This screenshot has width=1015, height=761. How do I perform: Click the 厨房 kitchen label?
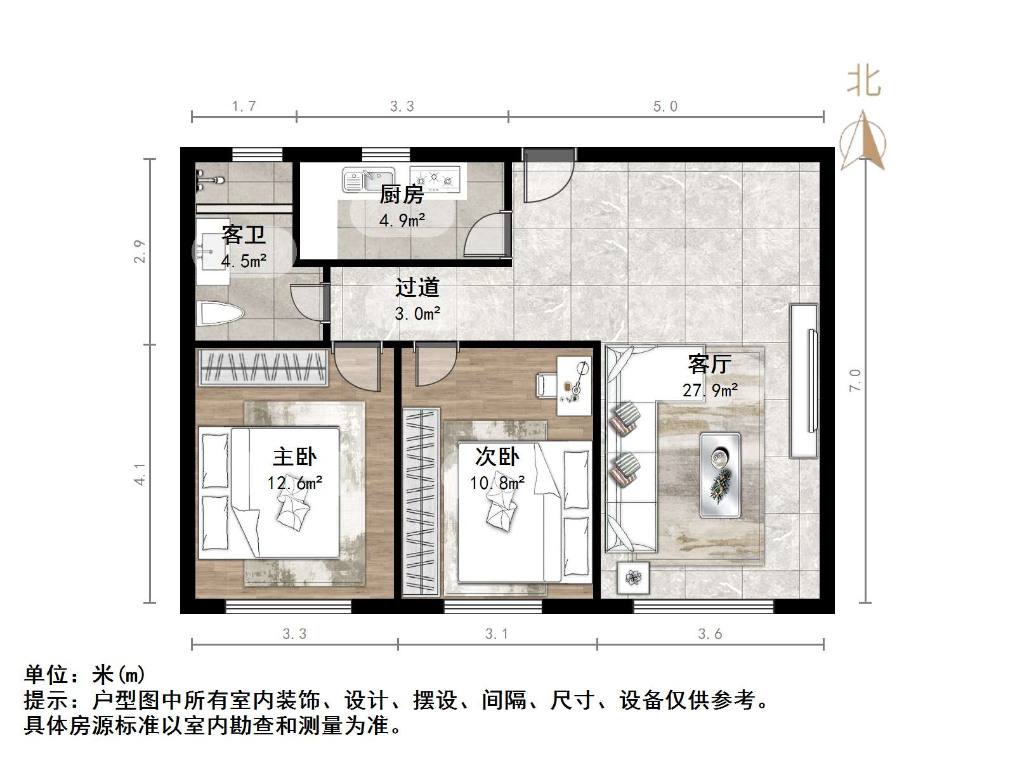click(x=402, y=194)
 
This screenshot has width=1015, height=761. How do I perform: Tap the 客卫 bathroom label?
click(x=244, y=235)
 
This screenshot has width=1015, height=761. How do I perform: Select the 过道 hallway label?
click(x=417, y=287)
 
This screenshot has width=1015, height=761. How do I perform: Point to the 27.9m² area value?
click(x=710, y=390)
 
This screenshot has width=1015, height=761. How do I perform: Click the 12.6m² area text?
click(x=294, y=483)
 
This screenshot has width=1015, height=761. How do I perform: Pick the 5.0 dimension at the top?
click(x=665, y=107)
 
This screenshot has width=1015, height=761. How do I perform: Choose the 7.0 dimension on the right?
click(x=855, y=379)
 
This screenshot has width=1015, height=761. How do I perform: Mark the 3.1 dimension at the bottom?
click(x=497, y=634)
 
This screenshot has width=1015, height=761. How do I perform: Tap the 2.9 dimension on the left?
click(x=140, y=251)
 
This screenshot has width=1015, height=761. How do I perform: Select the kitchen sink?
click(x=368, y=179)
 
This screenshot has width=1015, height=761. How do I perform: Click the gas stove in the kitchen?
click(x=435, y=178)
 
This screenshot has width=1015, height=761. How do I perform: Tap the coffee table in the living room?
click(x=720, y=475)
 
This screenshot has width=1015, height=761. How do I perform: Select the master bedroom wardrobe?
click(x=263, y=368)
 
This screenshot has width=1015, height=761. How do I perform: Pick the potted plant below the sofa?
click(x=633, y=578)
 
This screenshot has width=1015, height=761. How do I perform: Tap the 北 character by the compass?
click(x=863, y=82)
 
